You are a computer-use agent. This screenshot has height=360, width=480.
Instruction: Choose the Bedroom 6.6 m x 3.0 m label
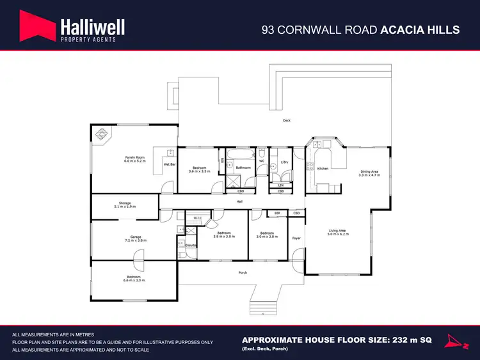[x=135, y=278]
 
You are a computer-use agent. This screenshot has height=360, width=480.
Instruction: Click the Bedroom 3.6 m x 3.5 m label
[x=199, y=169]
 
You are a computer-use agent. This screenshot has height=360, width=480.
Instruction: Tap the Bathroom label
[x=243, y=168]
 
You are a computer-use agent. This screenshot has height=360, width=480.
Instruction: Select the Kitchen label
[x=323, y=168]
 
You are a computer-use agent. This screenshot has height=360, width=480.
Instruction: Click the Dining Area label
[x=369, y=172]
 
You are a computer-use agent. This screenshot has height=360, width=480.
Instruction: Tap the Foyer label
[x=296, y=239]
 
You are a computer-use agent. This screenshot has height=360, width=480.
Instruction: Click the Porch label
[x=243, y=272]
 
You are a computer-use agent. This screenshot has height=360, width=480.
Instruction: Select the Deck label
[x=287, y=120]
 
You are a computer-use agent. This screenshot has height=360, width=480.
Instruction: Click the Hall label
[x=239, y=201]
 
